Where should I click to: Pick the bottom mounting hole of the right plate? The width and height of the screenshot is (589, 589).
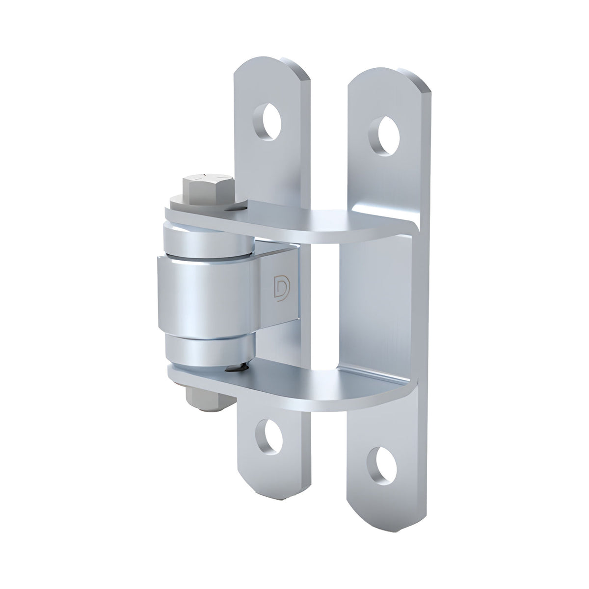[x=384, y=461]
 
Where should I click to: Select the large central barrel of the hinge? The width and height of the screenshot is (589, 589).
[x=206, y=294]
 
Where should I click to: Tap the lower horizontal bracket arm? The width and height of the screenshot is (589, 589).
[x=314, y=386]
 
